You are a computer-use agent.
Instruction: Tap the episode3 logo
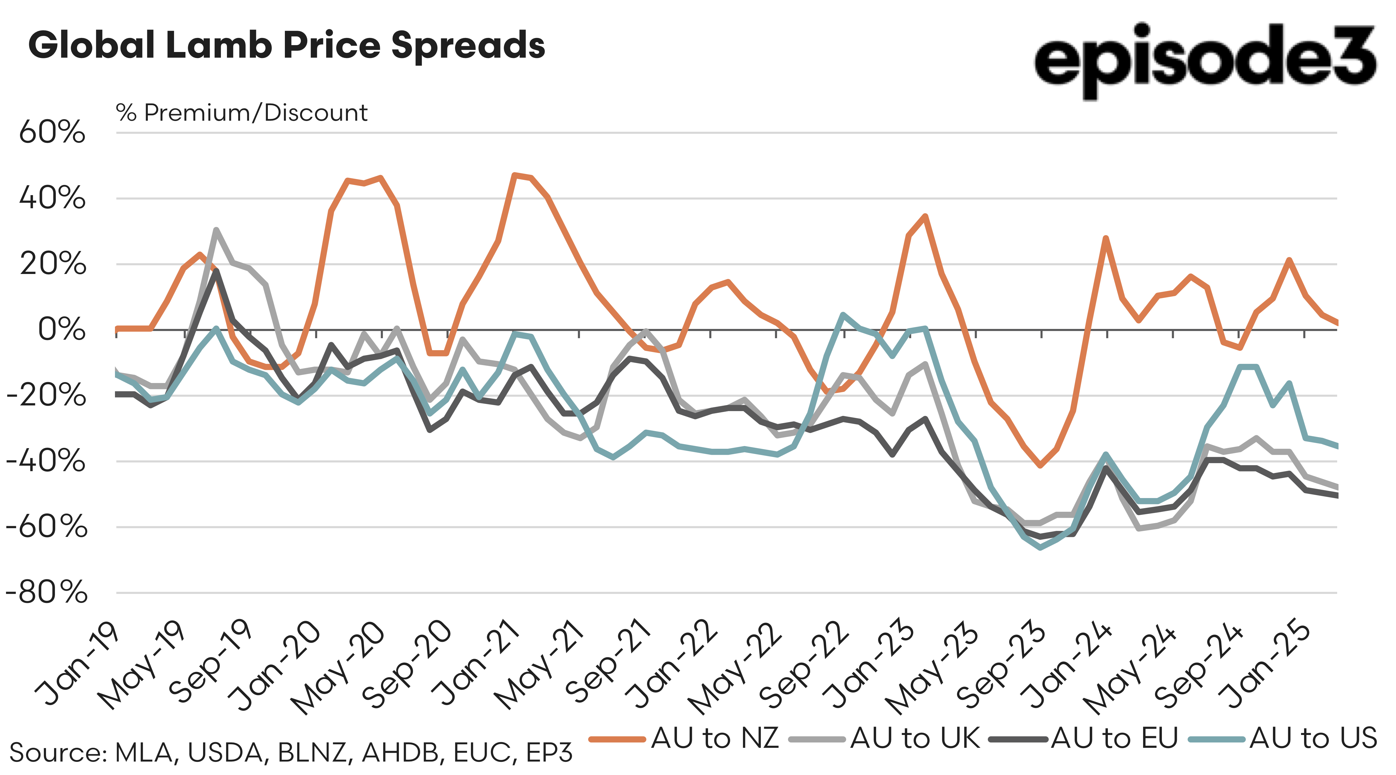pyautogui.click(x=1204, y=60)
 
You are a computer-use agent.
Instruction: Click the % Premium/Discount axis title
pyautogui.click(x=242, y=113)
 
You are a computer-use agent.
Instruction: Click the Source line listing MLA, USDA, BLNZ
pyautogui.click(x=291, y=753)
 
